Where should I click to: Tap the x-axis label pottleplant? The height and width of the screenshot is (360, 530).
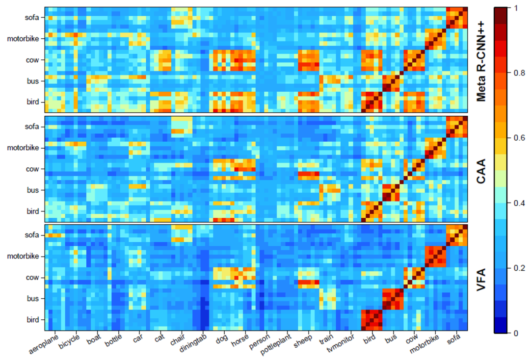(x=282, y=341)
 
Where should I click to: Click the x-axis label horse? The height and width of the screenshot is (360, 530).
(x=242, y=338)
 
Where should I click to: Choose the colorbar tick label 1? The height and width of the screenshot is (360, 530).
(x=514, y=8)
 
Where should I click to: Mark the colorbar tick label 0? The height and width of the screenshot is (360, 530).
(x=514, y=333)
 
